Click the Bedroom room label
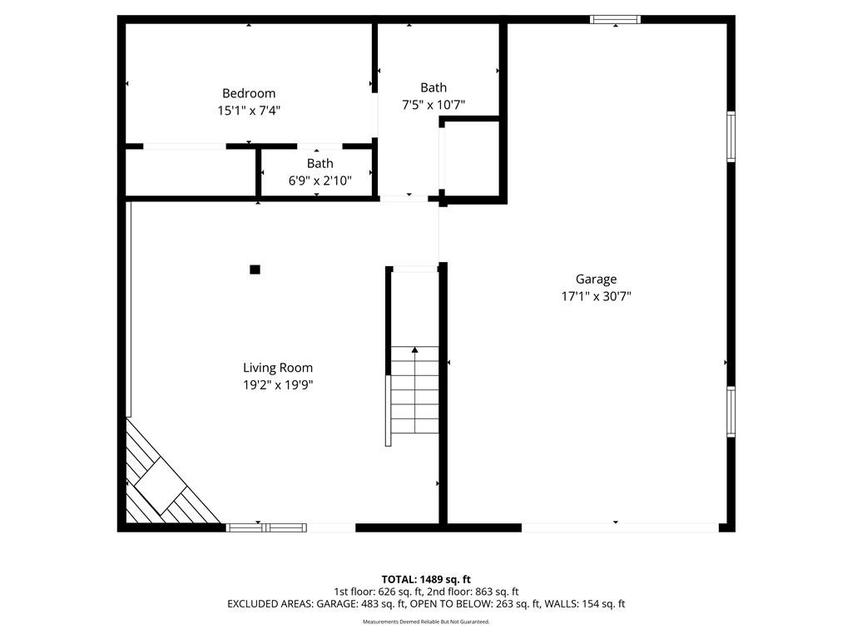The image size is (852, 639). tap(249, 93)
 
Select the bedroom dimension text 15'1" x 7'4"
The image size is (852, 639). tap(249, 111)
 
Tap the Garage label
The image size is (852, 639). tap(596, 280)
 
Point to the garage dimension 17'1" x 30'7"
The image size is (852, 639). tap(596, 296)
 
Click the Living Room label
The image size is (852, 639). tap(278, 368)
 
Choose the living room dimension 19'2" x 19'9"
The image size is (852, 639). tap(278, 385)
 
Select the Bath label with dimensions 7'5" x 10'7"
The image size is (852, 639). tap(433, 87)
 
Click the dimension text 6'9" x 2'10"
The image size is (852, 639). tap(320, 181)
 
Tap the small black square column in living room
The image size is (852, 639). tap(255, 270)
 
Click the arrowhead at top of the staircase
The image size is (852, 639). tap(415, 350)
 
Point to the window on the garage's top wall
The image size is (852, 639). tap(616, 20)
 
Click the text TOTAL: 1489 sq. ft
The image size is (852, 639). tap(426, 579)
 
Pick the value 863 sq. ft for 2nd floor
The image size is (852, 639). tap(497, 592)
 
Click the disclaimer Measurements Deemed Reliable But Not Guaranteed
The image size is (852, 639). tap(426, 622)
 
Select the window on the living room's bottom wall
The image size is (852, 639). tap(266, 528)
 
